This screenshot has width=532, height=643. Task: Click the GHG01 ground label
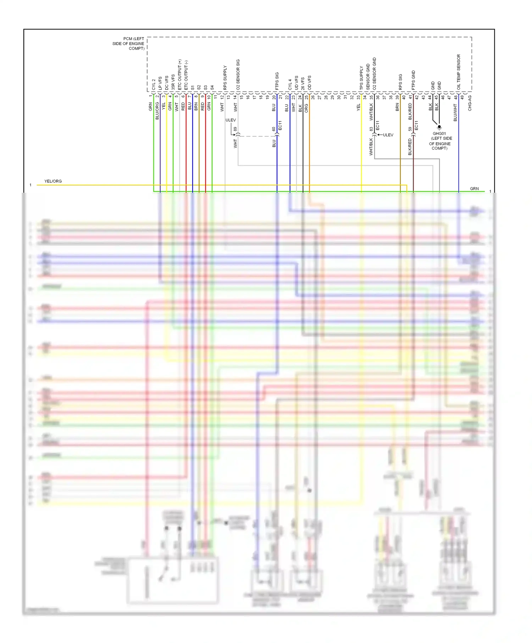point(439,134)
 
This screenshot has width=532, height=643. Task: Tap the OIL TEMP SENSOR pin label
point(459,72)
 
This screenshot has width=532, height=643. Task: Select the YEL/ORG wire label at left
point(53,181)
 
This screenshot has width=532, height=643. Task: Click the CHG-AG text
point(470,103)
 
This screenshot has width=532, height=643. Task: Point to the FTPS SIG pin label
point(277,81)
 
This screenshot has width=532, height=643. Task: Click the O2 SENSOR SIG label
point(238,74)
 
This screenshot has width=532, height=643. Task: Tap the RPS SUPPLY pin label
point(225,78)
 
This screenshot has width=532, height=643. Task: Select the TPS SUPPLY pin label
point(361,78)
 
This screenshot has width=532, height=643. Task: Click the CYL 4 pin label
point(290,84)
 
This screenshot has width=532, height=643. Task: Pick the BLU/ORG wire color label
point(157,110)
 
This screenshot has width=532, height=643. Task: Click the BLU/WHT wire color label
point(455,112)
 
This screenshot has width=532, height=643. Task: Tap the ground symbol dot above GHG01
point(439,127)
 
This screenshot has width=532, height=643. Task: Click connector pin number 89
point(235,129)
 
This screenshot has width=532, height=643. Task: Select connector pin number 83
point(371,129)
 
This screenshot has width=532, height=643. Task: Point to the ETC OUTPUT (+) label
point(180,75)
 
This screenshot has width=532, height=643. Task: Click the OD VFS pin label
point(309,83)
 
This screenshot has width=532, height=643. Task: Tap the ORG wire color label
point(306,108)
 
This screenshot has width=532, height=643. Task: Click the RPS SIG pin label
point(400,82)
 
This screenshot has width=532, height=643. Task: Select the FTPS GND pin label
point(413,80)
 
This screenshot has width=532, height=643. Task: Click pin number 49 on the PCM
point(462,97)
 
